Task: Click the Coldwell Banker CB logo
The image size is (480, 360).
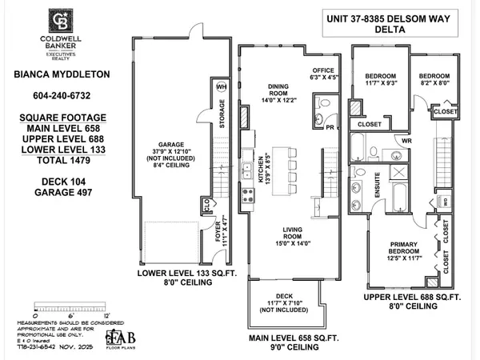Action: click(x=59, y=18)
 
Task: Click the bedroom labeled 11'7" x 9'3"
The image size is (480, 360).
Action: click(x=380, y=75)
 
